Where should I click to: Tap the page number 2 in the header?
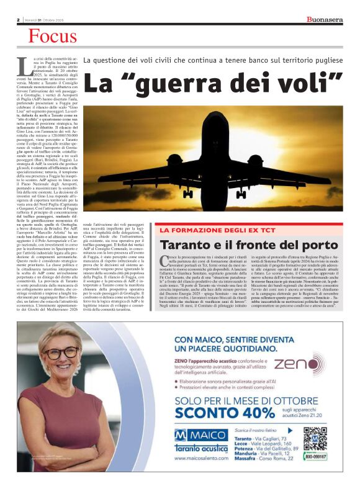point(18,20)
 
